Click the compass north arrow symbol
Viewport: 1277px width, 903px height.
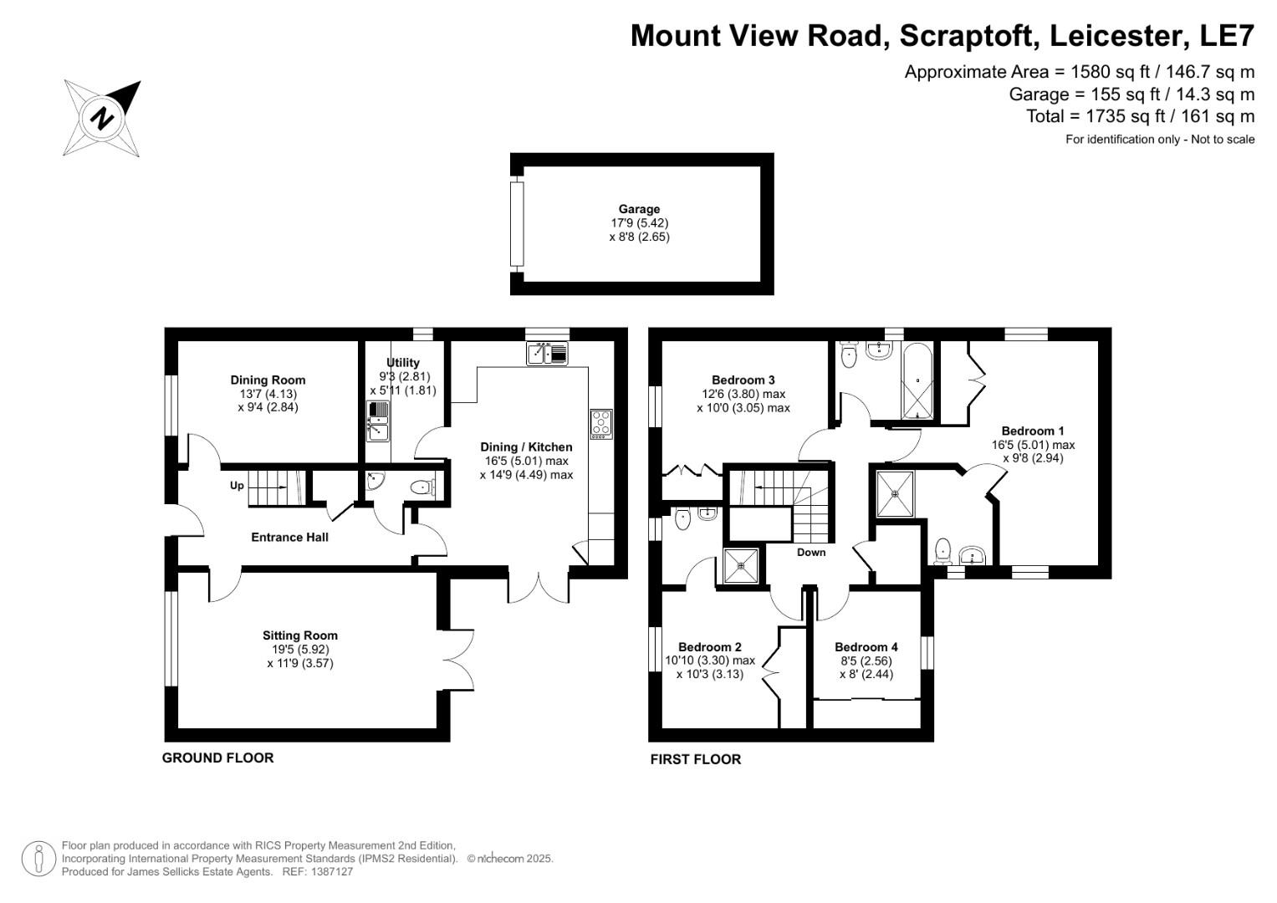coord(102,118)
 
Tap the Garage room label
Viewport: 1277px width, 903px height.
coord(639,209)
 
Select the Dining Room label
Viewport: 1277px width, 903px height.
coord(268,380)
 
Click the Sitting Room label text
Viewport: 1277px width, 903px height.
coord(299,635)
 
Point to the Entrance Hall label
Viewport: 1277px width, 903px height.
coord(289,537)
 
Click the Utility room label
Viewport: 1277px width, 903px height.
coord(402,363)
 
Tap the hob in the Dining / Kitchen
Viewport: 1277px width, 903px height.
coord(600,424)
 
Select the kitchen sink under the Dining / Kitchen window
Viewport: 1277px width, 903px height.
coord(547,354)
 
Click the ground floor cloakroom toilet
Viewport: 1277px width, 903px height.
coord(424,487)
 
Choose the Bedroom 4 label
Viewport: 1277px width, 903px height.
coord(866,647)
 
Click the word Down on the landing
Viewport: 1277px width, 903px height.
coord(810,553)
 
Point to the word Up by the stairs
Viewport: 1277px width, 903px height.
coord(237,485)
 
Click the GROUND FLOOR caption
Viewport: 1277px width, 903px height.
coord(217,758)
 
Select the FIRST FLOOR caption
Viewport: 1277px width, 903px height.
coord(695,759)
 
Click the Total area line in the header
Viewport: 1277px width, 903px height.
coord(1140,116)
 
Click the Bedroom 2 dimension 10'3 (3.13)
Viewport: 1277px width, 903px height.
coord(709,674)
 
